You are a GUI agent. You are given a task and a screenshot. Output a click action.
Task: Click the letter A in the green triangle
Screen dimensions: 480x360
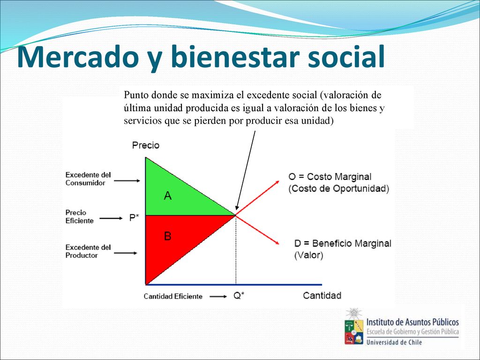tap(168, 195)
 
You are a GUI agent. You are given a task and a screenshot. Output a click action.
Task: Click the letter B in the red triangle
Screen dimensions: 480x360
tap(167, 236)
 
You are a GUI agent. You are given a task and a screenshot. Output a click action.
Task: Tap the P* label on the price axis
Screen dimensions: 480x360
tap(134, 217)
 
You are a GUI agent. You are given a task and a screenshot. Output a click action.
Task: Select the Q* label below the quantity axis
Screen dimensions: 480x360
tap(239, 296)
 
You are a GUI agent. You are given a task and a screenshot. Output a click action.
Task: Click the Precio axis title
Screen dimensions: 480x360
tap(146, 145)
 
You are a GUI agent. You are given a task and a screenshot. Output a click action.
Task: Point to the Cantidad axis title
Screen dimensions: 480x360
tap(322, 295)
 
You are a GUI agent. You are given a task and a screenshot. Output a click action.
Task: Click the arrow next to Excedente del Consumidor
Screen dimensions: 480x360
tap(127, 180)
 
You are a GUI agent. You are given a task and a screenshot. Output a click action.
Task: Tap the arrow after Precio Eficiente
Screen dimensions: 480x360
tap(111, 218)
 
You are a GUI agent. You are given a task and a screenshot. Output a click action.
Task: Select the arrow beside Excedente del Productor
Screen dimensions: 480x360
tap(126, 253)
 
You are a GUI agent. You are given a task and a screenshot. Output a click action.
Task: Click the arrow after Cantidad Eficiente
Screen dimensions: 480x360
tap(218, 296)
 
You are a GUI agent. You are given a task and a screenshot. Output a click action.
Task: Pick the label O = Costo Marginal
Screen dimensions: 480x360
tap(330, 177)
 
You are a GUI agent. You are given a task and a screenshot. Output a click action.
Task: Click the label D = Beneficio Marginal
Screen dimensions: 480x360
tap(343, 243)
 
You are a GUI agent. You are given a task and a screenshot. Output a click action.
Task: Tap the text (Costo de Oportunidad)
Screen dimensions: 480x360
tap(338, 188)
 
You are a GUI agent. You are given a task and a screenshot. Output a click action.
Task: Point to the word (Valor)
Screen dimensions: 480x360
tap(308, 255)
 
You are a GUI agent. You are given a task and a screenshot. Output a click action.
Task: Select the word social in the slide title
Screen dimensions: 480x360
tap(346, 56)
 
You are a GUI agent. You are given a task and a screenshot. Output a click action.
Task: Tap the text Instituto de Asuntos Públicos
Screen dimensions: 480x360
tap(412, 322)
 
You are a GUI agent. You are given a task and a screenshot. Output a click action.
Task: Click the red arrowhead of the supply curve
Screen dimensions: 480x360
tap(277, 182)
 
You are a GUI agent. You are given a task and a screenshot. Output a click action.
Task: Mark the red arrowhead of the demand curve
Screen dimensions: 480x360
tap(277, 243)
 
